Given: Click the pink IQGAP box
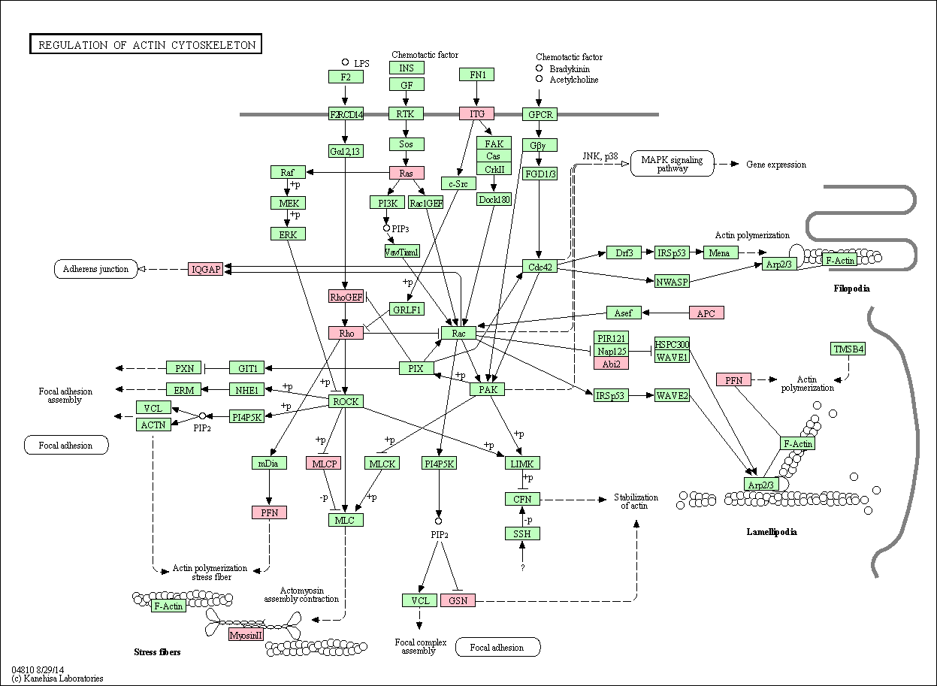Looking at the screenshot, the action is pyautogui.click(x=205, y=269).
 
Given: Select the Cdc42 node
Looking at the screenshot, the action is pyautogui.click(x=540, y=267).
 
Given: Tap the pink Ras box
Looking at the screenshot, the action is pyautogui.click(x=407, y=173).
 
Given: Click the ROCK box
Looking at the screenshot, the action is pyautogui.click(x=346, y=401).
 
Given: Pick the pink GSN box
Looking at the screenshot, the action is pyautogui.click(x=458, y=600).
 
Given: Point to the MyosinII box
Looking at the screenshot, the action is pyautogui.click(x=246, y=635).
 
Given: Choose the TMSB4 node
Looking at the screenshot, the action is pyautogui.click(x=848, y=349).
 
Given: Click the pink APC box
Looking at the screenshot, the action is pyautogui.click(x=706, y=313).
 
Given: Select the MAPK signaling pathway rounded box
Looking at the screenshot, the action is pyautogui.click(x=673, y=164).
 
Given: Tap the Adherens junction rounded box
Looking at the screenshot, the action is pyautogui.click(x=95, y=269).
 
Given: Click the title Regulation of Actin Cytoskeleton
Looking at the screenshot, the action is pyautogui.click(x=146, y=44).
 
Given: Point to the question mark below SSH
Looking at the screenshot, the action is pyautogui.click(x=522, y=567).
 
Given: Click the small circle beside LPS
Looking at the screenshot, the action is pyautogui.click(x=345, y=62).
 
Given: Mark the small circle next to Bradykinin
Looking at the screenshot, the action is pyautogui.click(x=540, y=68).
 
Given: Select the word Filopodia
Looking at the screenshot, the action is pyautogui.click(x=851, y=289).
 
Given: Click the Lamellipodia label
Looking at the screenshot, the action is pyautogui.click(x=772, y=532).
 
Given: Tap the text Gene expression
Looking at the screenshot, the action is pyautogui.click(x=776, y=165).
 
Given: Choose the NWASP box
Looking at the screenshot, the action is pyautogui.click(x=672, y=282).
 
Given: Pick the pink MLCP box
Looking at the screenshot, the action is pyautogui.click(x=323, y=464).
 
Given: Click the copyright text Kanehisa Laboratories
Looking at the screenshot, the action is pyautogui.click(x=63, y=678).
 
